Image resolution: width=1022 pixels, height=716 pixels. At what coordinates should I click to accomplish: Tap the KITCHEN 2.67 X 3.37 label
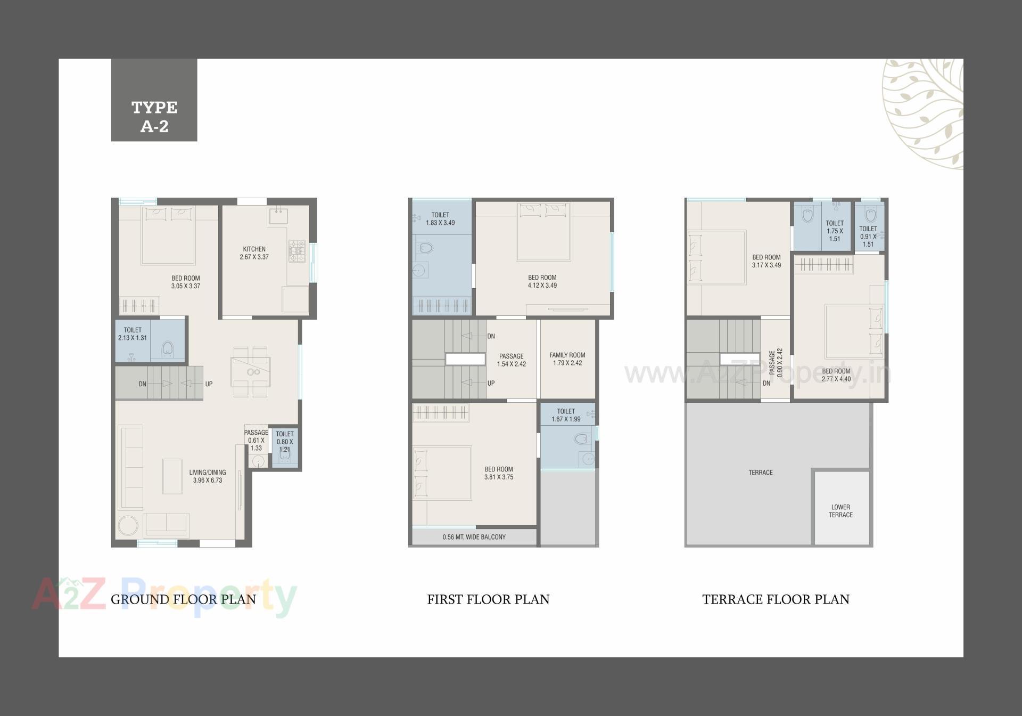click(x=254, y=253)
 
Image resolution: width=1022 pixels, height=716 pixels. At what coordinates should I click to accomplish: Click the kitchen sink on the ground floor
click(x=278, y=215)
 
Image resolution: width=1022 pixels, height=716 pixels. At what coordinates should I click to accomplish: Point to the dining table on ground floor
click(x=250, y=371)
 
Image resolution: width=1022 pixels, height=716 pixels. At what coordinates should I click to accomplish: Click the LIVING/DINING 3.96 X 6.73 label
click(x=208, y=476)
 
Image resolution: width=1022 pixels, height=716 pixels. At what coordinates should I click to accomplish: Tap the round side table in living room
click(x=128, y=525)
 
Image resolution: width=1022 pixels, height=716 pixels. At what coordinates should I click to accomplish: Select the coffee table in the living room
click(x=172, y=476)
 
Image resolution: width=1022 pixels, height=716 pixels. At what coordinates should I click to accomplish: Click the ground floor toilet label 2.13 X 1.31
click(x=133, y=334)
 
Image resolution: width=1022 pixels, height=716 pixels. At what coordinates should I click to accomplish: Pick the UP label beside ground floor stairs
click(x=209, y=384)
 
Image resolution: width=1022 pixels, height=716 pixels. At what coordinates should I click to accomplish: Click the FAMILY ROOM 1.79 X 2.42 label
click(x=567, y=359)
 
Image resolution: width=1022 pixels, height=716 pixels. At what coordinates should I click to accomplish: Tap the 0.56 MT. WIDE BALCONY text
click(x=474, y=537)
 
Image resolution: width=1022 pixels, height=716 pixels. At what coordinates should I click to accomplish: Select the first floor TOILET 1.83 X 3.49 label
click(x=440, y=219)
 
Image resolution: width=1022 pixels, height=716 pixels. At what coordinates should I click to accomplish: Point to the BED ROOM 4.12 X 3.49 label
click(x=542, y=281)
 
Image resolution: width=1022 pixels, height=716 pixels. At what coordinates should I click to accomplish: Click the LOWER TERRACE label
click(x=840, y=511)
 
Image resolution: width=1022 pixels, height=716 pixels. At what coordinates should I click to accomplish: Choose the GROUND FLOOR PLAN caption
click(x=183, y=599)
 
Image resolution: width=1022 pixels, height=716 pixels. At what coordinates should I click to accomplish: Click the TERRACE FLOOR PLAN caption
click(x=776, y=599)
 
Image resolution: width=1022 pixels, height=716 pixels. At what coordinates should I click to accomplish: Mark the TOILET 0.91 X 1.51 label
click(x=868, y=237)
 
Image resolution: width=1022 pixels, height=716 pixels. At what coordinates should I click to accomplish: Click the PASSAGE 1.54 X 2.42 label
click(x=511, y=360)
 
